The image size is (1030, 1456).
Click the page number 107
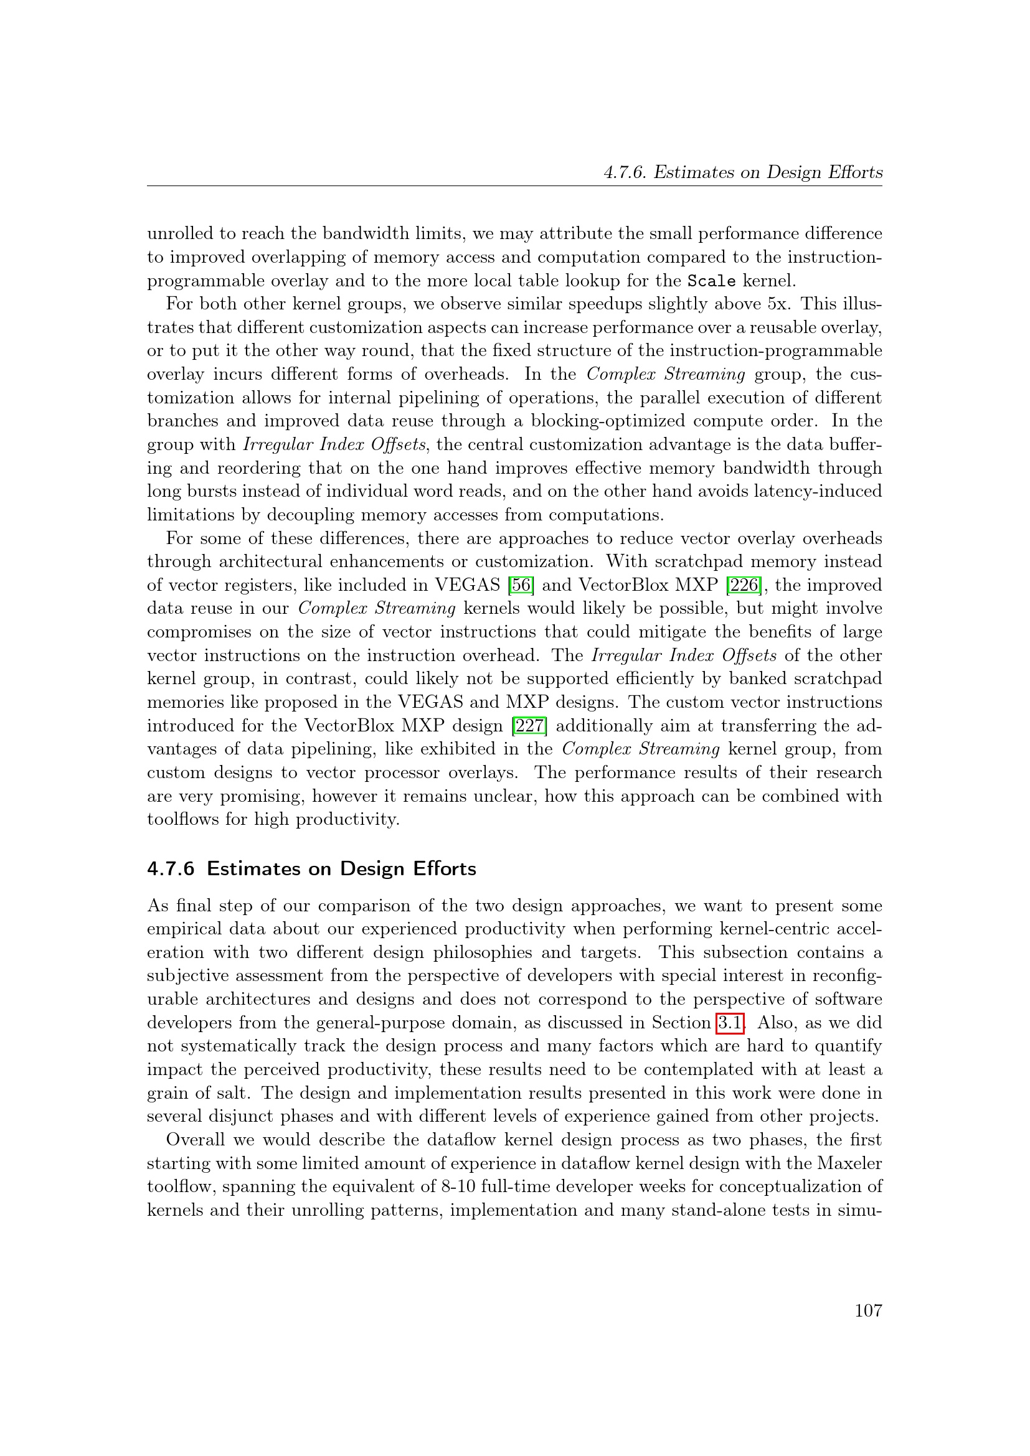(867, 1311)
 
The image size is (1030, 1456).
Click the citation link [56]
(521, 585)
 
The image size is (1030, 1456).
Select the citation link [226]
(744, 585)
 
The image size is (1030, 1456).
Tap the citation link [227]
(529, 725)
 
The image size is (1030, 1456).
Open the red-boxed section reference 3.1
(730, 1023)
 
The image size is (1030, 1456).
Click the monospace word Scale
(712, 281)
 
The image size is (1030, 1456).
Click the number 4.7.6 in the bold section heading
(171, 869)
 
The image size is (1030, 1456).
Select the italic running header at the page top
(743, 172)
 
